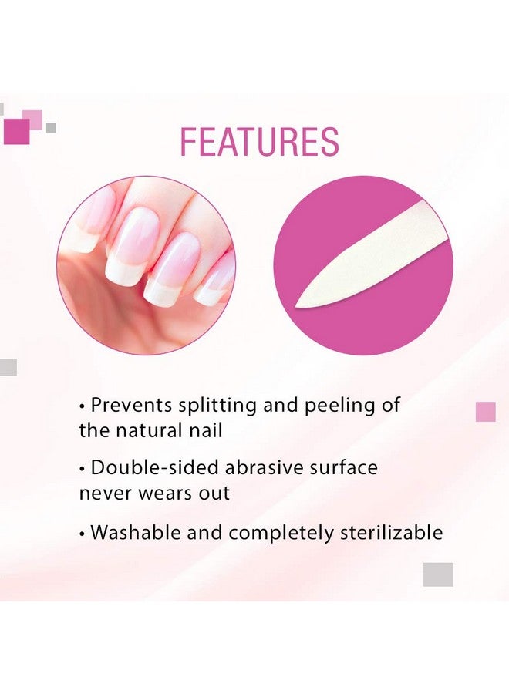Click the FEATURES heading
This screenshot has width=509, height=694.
(259, 143)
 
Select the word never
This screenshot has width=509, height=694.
(103, 493)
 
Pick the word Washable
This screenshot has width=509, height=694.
(135, 532)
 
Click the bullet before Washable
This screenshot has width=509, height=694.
(83, 533)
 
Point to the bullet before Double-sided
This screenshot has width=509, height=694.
(83, 468)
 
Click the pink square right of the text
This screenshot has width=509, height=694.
(485, 412)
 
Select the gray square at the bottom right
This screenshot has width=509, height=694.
(438, 574)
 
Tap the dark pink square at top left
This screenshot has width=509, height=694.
(16, 131)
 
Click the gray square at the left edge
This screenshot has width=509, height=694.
(8, 367)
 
